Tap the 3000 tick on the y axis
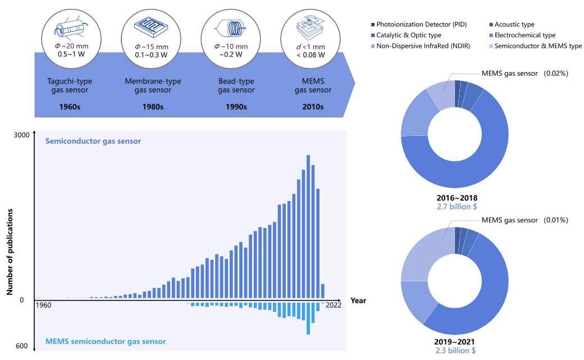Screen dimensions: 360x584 (x=22, y=135)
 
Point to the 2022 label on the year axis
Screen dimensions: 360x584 (x=334, y=306)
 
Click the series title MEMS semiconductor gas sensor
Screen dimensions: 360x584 (x=106, y=341)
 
